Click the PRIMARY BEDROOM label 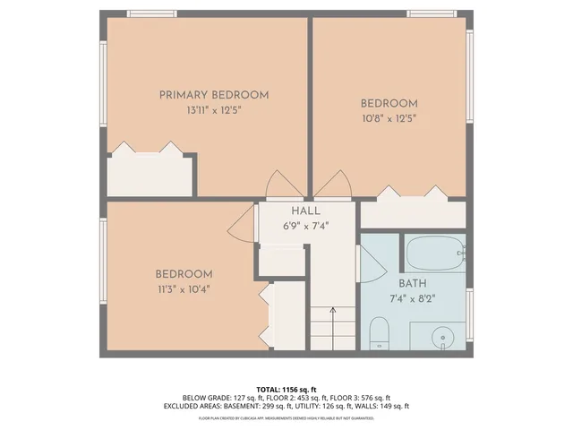(214, 95)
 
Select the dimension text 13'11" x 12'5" (214, 110)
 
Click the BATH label (399, 283)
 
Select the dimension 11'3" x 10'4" (183, 289)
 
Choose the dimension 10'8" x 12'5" (389, 117)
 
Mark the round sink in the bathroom (440, 338)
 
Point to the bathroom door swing (370, 264)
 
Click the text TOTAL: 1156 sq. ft (286, 389)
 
